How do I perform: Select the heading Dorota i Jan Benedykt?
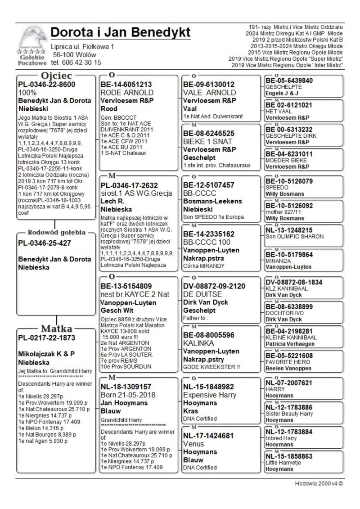[x=121, y=32]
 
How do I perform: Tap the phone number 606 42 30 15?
[x=81, y=63]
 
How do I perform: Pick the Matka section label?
[x=57, y=328]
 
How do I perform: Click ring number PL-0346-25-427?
[x=43, y=243]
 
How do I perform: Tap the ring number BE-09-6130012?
[x=209, y=84]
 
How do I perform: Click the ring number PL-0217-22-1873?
[x=46, y=338]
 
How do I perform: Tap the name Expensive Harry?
[x=210, y=395]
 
